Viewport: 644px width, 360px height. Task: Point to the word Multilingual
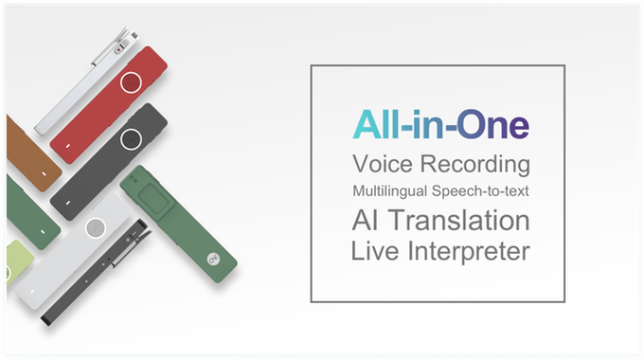point(389,190)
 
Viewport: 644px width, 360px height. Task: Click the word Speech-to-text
point(482,190)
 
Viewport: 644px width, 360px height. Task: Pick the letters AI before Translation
point(366,220)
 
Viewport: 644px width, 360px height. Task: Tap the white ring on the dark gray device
point(133,140)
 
